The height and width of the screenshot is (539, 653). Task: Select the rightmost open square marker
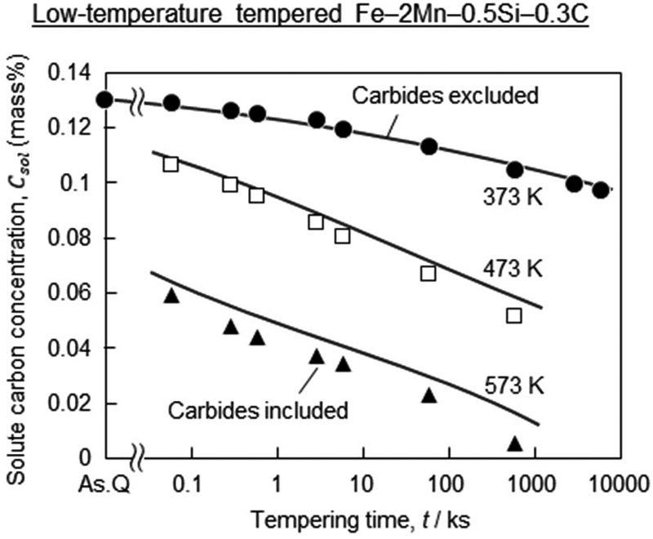(x=513, y=315)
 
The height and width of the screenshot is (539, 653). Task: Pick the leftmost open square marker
(x=171, y=164)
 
